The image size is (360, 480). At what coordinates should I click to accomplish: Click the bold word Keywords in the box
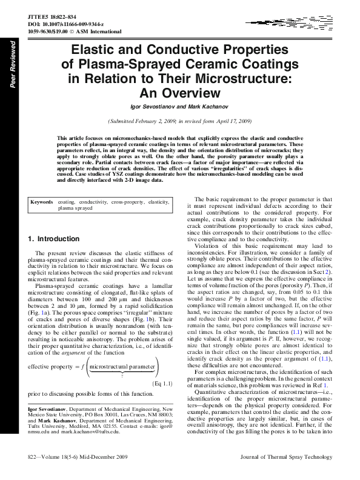pyautogui.click(x=42, y=201)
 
